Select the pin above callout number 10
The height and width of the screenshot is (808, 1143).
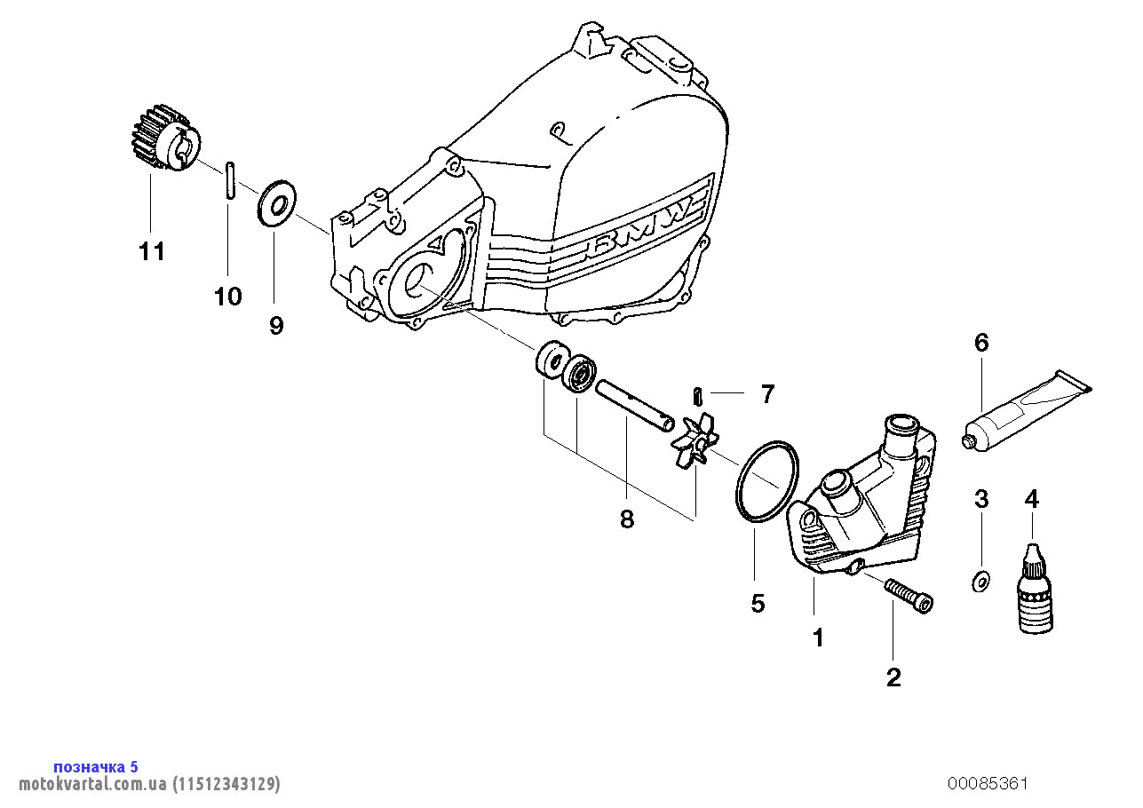click(228, 179)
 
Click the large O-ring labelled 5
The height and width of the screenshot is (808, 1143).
click(766, 480)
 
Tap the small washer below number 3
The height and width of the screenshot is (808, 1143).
click(980, 582)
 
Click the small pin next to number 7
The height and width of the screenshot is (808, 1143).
click(699, 393)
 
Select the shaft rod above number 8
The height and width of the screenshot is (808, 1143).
click(634, 406)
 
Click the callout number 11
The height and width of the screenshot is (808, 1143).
click(152, 252)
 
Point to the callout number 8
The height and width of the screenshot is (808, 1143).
click(627, 519)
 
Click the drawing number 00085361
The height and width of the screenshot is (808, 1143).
click(988, 783)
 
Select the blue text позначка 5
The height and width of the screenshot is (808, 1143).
click(96, 767)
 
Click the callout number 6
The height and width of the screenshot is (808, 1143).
click(981, 343)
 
